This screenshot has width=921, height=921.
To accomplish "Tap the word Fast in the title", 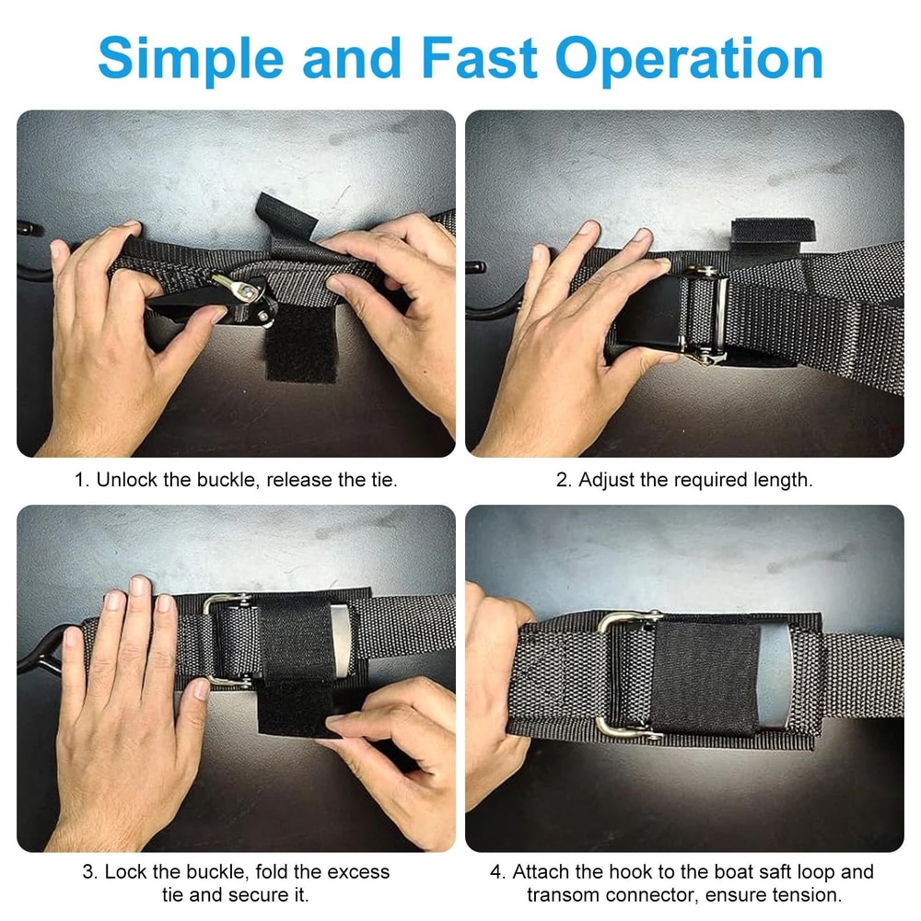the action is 479,58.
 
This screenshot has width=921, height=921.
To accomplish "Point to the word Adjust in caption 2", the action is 607,480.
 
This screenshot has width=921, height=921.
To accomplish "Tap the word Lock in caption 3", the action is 125,871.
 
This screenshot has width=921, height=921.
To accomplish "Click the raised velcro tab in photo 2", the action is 773,230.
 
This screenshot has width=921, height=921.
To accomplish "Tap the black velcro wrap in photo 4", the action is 705,679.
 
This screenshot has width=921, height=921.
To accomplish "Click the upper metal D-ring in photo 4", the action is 626,620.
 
